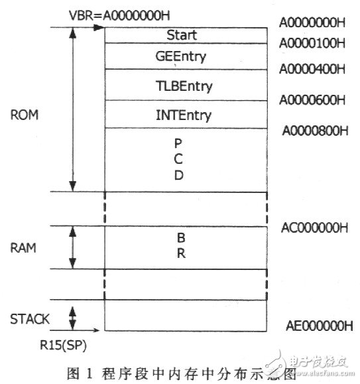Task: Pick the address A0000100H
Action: (312, 44)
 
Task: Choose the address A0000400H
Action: (312, 69)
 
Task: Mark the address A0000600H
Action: (312, 99)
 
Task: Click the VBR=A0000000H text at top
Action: (115, 14)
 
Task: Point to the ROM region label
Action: (25, 114)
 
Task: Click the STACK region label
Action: (30, 319)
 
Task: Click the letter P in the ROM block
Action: (178, 144)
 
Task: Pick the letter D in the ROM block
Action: (178, 176)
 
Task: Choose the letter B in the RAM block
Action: (179, 237)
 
